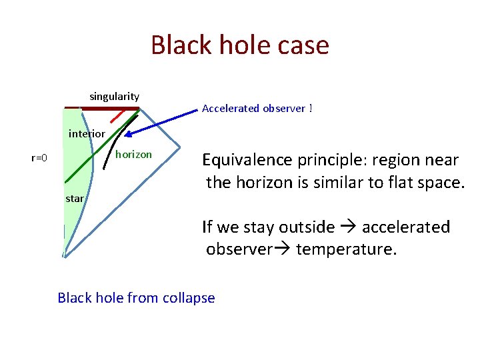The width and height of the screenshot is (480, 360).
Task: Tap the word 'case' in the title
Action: coord(303,45)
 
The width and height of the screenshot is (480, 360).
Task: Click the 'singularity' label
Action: coord(114,97)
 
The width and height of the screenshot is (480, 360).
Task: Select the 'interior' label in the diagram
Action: coord(87,134)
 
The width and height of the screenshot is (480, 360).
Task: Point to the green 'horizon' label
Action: coord(133,155)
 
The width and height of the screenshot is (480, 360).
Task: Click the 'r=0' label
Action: coord(39,158)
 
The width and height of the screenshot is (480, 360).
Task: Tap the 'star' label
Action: coord(75,198)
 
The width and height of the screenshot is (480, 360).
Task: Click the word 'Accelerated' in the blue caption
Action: coord(230,108)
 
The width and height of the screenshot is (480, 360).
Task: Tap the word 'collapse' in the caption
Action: coord(189,297)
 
